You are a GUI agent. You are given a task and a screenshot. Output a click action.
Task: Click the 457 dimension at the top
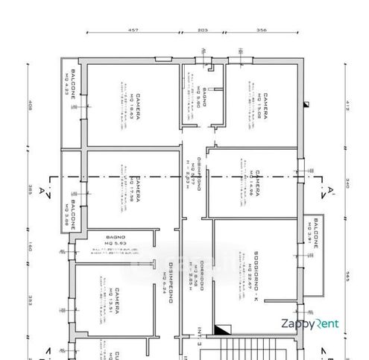pyautogui.click(x=134, y=31)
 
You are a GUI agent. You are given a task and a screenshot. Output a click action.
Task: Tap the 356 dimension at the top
pyautogui.click(x=261, y=31)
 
